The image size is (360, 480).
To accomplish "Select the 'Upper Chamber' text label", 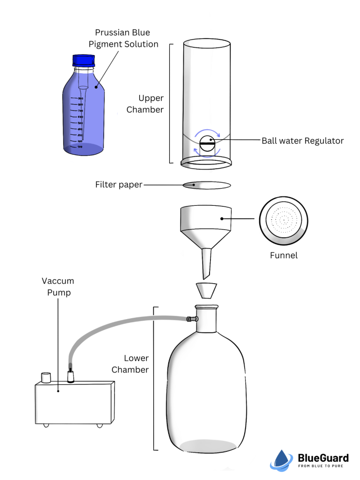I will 151,104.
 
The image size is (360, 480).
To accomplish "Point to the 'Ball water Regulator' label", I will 302,141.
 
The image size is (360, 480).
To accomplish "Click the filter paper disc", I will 207,185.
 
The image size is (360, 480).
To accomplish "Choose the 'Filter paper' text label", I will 119,185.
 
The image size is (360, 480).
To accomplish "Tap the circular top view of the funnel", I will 284,219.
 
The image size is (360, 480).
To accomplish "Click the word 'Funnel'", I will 284,255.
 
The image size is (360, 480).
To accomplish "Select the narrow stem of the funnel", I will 207,262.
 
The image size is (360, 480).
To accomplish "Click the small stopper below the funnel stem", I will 206,290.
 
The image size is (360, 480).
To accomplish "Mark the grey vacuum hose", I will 117,329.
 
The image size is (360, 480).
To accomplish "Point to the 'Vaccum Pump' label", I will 58,286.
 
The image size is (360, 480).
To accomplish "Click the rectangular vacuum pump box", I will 75,402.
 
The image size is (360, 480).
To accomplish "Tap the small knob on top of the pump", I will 45,377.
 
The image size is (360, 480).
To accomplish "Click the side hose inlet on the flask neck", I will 190,319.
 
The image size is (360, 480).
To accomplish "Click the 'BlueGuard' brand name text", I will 323,457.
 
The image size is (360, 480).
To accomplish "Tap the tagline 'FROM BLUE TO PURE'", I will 323,466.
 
